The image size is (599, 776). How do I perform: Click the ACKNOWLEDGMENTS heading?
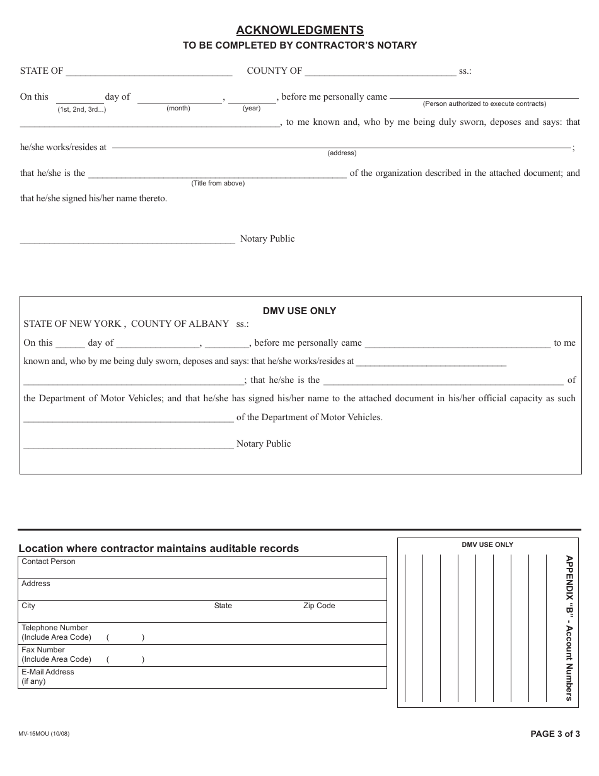pos(299,30)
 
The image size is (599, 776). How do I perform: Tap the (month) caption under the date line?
pos(178,109)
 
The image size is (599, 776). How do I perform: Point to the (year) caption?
pos(252,109)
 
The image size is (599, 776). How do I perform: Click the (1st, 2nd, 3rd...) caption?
pos(82,109)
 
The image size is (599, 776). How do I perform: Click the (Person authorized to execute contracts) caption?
pos(484,103)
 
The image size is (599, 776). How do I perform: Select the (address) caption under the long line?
pos(342,153)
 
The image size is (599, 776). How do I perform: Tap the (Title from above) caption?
pos(218,183)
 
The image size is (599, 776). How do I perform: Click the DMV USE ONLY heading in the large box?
pos(299,311)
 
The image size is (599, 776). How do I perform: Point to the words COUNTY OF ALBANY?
pos(180,324)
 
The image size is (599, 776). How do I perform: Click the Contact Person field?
pos(202,567)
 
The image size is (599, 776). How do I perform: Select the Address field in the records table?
pos(202,589)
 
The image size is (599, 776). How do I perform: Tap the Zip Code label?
pos(319,606)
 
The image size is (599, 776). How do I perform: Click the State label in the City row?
pos(223,606)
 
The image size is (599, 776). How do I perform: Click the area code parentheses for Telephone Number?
pos(125,637)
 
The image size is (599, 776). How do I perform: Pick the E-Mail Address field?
pos(202,678)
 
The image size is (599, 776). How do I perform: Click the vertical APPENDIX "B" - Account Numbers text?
pos(569,628)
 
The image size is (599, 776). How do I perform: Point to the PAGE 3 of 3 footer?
pos(555,734)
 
